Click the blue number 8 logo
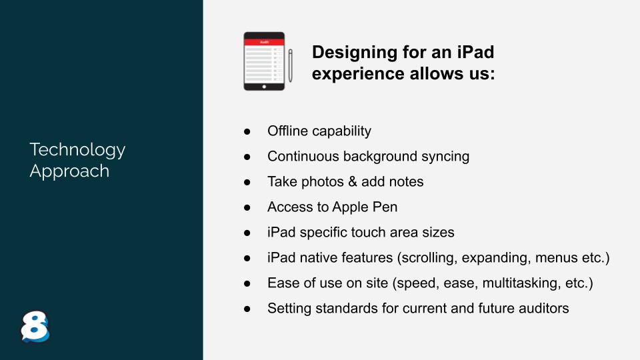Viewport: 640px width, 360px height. click(35, 327)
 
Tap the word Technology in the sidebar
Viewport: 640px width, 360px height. click(77, 150)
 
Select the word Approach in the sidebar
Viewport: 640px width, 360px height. click(69, 171)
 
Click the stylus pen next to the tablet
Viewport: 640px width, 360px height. click(291, 66)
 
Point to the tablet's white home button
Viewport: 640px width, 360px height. click(264, 87)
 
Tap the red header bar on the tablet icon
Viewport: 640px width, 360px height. click(264, 42)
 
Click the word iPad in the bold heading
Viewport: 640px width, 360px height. click(475, 52)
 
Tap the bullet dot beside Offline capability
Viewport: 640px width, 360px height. click(247, 131)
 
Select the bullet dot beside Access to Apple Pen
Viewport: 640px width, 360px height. click(247, 207)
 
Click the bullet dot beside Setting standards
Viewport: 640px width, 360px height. click(247, 309)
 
